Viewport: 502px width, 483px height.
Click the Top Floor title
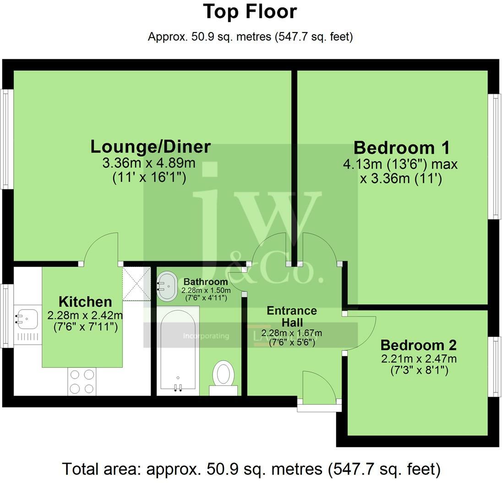point(250,12)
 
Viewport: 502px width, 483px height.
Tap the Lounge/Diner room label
point(151,147)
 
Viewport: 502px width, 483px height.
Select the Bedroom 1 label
point(402,148)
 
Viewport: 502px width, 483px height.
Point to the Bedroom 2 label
point(419,345)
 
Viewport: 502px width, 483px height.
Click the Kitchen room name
point(85,302)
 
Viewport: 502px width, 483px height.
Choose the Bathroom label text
point(206,282)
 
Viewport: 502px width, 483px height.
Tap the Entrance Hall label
point(292,317)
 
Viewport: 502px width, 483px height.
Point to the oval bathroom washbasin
point(167,286)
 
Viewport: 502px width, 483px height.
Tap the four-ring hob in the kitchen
point(82,381)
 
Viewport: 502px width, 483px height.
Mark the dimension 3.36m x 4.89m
point(149,163)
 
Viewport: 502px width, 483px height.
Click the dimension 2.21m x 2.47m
point(419,359)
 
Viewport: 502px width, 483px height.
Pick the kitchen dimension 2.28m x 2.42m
point(85,316)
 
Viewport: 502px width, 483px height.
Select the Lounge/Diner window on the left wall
point(6,139)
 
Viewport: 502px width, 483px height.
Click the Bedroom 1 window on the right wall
point(495,156)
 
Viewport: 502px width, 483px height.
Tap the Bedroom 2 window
point(495,367)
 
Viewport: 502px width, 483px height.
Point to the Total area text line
point(251,469)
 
